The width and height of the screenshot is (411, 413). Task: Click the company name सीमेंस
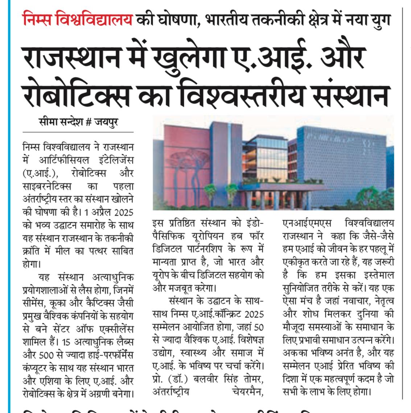coord(34,303)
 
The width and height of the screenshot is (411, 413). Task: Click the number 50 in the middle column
coord(258,327)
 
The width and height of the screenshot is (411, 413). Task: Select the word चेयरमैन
coord(247,392)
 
